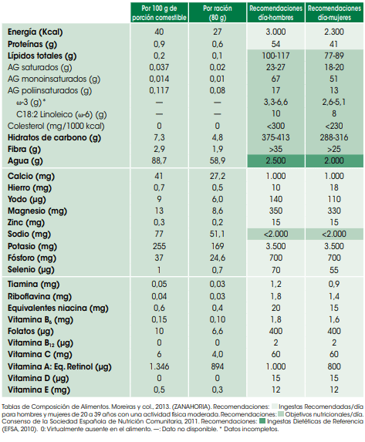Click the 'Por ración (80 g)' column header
coord(218,13)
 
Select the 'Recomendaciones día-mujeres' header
coord(334,13)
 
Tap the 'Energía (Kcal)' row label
coord(35,32)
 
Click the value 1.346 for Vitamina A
coord(159,366)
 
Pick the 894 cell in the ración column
coord(217,366)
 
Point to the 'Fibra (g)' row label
coord(24,150)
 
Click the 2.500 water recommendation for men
coord(275,160)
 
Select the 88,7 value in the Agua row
coord(159,160)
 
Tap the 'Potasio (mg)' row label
coord(32,246)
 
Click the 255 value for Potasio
coord(159,246)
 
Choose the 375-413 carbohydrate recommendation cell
coord(275,137)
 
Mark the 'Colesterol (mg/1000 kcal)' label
coord(56,127)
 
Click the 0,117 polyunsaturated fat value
coord(159,90)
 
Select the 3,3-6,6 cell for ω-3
coord(275,102)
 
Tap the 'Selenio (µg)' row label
coord(31,270)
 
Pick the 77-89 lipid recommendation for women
coord(334,56)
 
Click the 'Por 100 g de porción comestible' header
coord(160,13)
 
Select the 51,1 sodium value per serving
coord(217,234)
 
